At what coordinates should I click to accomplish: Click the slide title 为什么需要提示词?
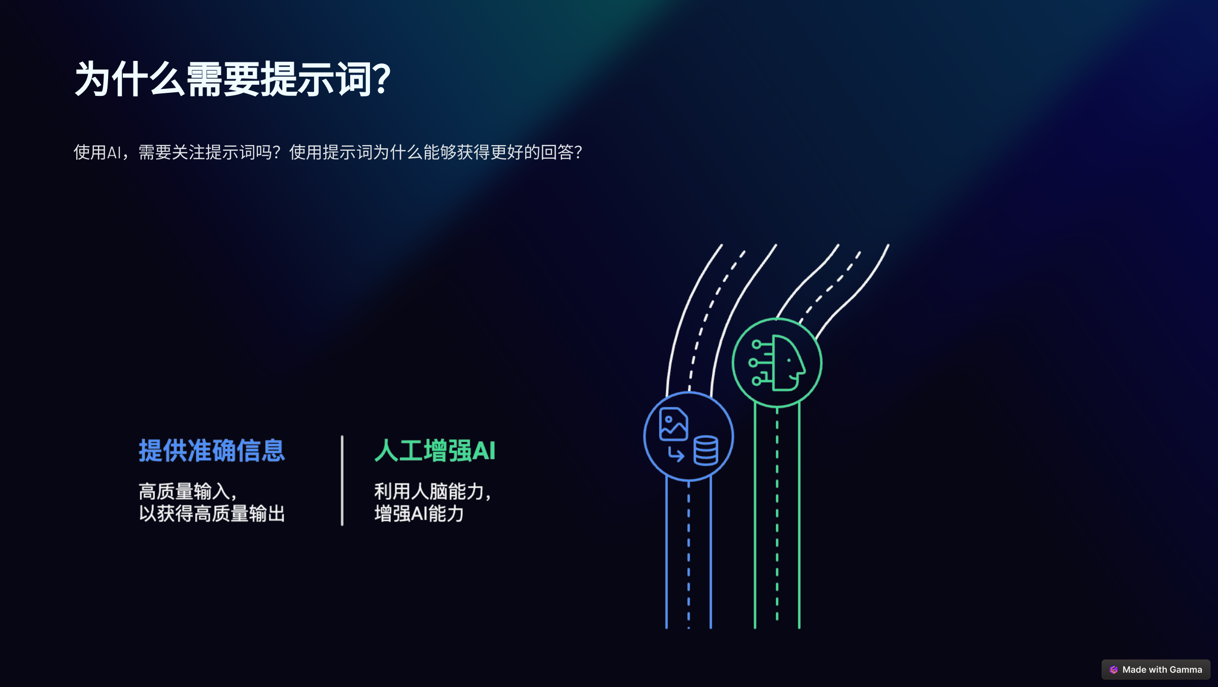232,79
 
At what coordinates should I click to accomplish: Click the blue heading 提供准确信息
212,451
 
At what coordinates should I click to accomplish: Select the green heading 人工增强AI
434,451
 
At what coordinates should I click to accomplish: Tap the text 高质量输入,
187,492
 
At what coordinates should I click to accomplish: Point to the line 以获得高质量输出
212,514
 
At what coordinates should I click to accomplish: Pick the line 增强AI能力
419,514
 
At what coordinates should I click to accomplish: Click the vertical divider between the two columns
342,480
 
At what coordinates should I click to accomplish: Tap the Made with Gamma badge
1156,670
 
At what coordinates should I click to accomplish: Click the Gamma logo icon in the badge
1113,670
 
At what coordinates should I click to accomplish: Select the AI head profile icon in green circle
782,363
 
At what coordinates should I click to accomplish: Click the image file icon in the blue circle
673,424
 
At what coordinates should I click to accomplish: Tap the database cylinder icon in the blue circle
705,451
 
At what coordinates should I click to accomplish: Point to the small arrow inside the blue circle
676,454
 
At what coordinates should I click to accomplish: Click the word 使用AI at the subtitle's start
97,152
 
